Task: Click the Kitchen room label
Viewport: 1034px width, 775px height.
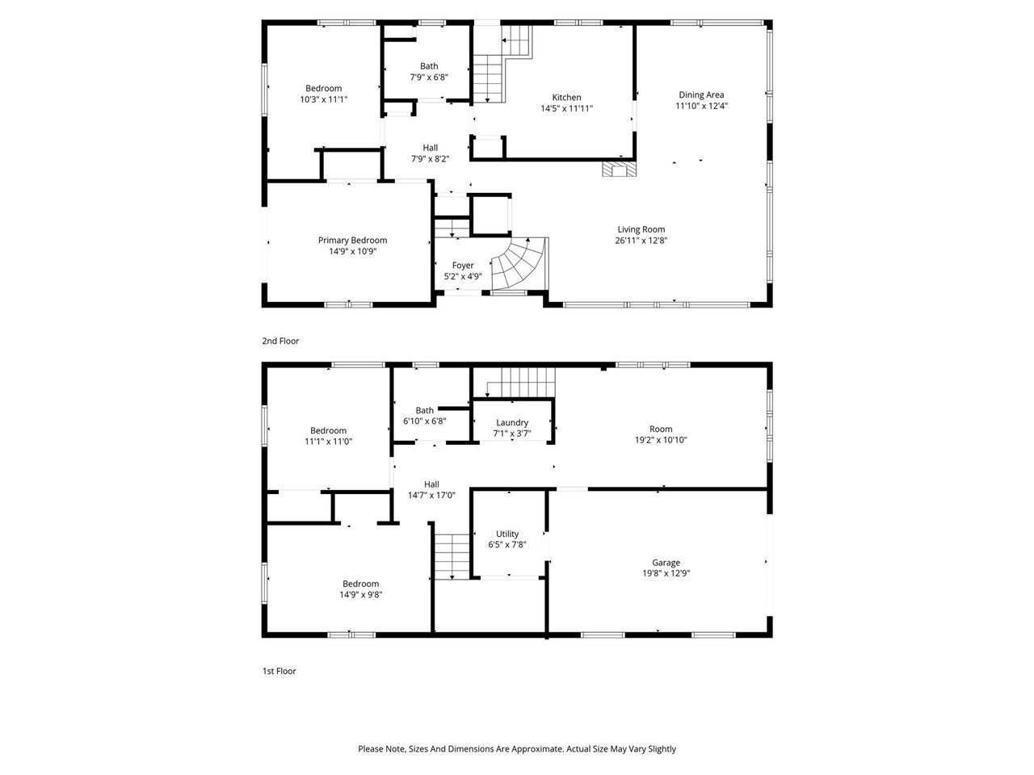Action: (566, 98)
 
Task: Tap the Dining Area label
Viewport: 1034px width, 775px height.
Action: (701, 95)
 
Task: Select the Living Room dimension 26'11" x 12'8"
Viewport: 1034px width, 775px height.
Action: (641, 240)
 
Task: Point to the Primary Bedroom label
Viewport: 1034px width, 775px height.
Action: (352, 241)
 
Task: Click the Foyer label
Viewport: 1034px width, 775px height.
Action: (463, 266)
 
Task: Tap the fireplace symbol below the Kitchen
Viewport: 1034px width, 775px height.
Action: (619, 169)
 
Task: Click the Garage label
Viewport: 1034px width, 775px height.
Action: (666, 563)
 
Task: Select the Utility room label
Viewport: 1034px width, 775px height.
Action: (507, 534)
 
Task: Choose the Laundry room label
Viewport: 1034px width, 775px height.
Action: (512, 423)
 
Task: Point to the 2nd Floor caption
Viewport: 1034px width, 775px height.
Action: (280, 341)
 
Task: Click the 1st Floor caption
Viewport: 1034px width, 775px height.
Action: (279, 672)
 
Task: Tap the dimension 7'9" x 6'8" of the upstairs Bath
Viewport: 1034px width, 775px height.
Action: (429, 77)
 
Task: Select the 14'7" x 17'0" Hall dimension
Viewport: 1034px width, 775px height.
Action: (431, 496)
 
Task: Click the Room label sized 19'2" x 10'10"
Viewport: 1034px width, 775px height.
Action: (661, 429)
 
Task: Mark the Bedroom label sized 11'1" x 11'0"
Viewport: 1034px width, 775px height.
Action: (328, 431)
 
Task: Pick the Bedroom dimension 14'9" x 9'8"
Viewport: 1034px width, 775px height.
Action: (360, 595)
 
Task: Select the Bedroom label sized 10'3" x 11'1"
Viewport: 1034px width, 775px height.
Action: (323, 89)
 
